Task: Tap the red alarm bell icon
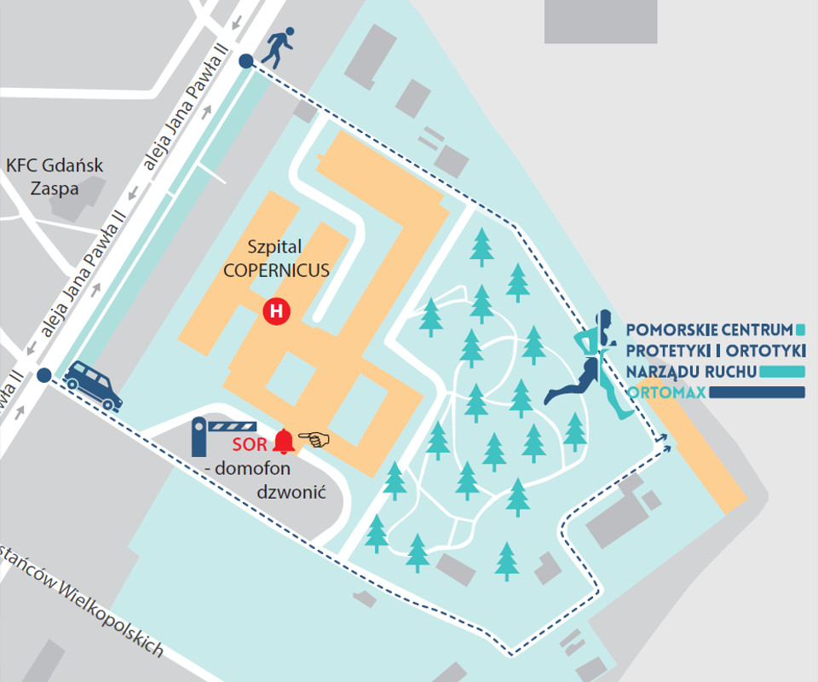[x=283, y=442]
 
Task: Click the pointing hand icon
[x=316, y=440]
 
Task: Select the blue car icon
[x=94, y=384]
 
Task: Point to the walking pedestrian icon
[x=278, y=48]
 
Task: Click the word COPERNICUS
[x=277, y=270]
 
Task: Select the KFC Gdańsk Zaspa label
[x=55, y=176]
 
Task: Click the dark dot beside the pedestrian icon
[x=246, y=61]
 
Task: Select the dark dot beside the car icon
[x=44, y=374]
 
